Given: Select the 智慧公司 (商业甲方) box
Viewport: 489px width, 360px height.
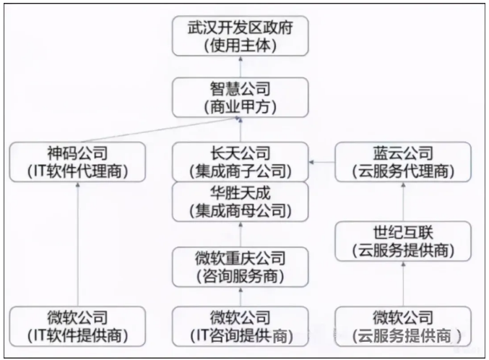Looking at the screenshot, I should click(x=240, y=98).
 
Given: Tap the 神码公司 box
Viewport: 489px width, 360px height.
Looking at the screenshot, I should click(x=78, y=162).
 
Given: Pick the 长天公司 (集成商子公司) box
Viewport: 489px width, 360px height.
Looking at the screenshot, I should click(x=240, y=162).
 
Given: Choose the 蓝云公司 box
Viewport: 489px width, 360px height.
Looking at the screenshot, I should click(x=403, y=162).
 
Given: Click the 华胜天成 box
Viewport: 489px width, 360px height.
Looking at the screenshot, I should click(x=240, y=202).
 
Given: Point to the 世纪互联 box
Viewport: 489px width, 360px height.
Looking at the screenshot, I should click(x=403, y=241).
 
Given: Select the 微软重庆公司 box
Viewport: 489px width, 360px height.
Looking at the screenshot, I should click(x=240, y=267).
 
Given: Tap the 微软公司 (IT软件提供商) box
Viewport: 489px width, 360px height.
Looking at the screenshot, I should click(x=78, y=326).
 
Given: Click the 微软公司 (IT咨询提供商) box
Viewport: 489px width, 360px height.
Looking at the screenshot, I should click(x=240, y=326).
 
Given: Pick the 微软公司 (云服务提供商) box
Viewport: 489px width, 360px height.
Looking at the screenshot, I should click(x=403, y=326).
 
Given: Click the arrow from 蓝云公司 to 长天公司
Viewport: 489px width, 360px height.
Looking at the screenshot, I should click(x=322, y=162).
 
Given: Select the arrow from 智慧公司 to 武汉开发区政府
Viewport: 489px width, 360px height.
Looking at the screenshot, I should click(x=240, y=68).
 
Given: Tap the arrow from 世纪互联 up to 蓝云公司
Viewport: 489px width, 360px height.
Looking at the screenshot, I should click(x=403, y=202).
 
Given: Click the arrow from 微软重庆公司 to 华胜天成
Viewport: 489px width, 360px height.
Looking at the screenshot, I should click(x=240, y=234).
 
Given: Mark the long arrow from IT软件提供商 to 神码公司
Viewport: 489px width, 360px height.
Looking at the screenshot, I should click(x=78, y=246).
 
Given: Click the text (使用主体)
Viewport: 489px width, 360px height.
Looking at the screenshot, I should click(x=240, y=46).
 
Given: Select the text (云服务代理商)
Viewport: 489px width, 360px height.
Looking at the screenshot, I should click(x=403, y=171).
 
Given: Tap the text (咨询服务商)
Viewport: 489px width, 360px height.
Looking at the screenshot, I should click(x=240, y=276).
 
